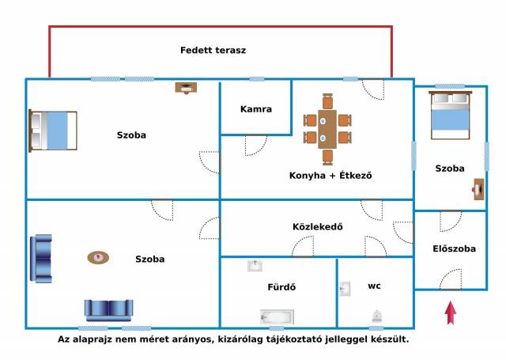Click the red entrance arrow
click(x=451, y=313)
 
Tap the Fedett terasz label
click(x=213, y=50)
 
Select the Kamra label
click(x=255, y=109)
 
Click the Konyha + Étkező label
click(x=330, y=175)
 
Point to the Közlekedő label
click(x=317, y=226)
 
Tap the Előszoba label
click(x=454, y=248)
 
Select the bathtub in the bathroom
click(x=277, y=317)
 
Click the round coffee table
click(x=98, y=257)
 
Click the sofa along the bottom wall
click(x=111, y=309)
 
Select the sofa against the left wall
click(x=40, y=258)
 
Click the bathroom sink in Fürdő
click(x=255, y=266)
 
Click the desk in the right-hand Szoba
click(x=478, y=190)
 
